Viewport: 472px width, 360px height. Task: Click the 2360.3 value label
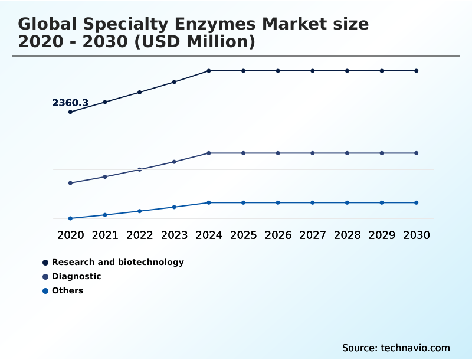[x=70, y=103]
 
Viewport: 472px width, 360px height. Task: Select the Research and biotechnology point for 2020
[x=71, y=112]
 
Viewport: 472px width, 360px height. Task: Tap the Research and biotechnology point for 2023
[x=174, y=82]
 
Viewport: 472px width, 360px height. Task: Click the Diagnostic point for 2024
[x=209, y=153]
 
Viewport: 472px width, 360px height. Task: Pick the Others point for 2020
[x=71, y=218]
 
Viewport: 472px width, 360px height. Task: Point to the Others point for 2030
[x=416, y=202]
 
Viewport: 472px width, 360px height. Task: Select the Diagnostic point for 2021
[x=105, y=176]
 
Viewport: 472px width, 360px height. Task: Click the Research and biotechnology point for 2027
[x=313, y=71]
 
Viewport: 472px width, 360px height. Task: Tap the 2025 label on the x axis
[x=243, y=235]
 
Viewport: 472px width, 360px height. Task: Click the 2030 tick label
[x=416, y=235]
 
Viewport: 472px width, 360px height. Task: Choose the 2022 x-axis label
[x=140, y=235]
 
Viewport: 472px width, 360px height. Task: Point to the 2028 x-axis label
[x=347, y=235]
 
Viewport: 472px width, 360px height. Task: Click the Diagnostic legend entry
[x=76, y=276]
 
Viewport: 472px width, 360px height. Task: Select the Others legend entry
[x=67, y=290]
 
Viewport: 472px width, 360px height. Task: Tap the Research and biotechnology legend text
[x=117, y=262]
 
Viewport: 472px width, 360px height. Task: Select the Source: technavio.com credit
[x=396, y=348]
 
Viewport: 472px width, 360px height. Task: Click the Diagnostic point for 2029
[x=382, y=153]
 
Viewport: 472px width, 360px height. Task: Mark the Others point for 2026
[x=278, y=202]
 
